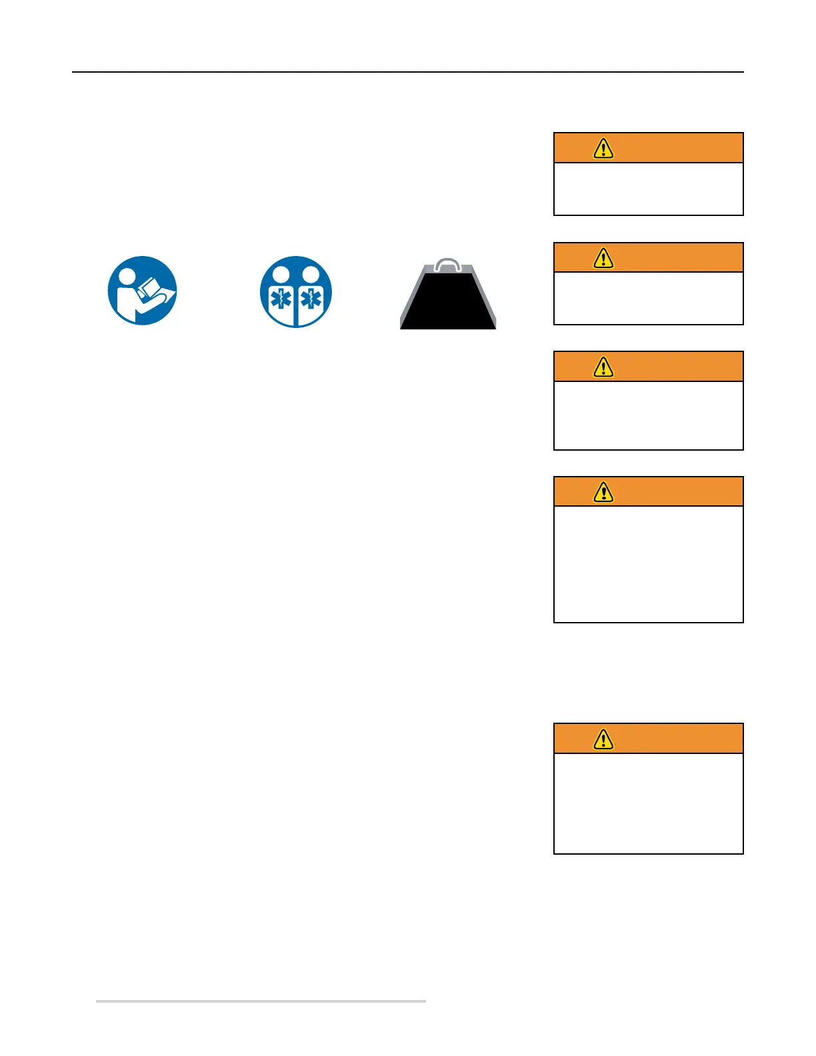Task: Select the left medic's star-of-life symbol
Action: (281, 299)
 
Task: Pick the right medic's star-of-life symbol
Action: (311, 299)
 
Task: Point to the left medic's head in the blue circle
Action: (281, 274)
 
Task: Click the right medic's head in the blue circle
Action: (311, 274)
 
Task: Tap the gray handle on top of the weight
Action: (447, 265)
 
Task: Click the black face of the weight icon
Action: (448, 303)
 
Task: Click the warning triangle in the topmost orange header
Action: (603, 148)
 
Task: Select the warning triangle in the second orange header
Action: (603, 257)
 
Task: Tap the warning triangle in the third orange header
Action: (603, 367)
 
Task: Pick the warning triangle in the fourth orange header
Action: (603, 492)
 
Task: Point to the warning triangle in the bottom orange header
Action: (603, 739)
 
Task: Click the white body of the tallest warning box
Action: (648, 564)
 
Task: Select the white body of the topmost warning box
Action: (648, 189)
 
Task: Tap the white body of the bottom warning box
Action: (648, 803)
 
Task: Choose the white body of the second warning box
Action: (648, 298)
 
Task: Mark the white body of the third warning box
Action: (648, 415)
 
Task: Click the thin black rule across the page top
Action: (407, 71)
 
